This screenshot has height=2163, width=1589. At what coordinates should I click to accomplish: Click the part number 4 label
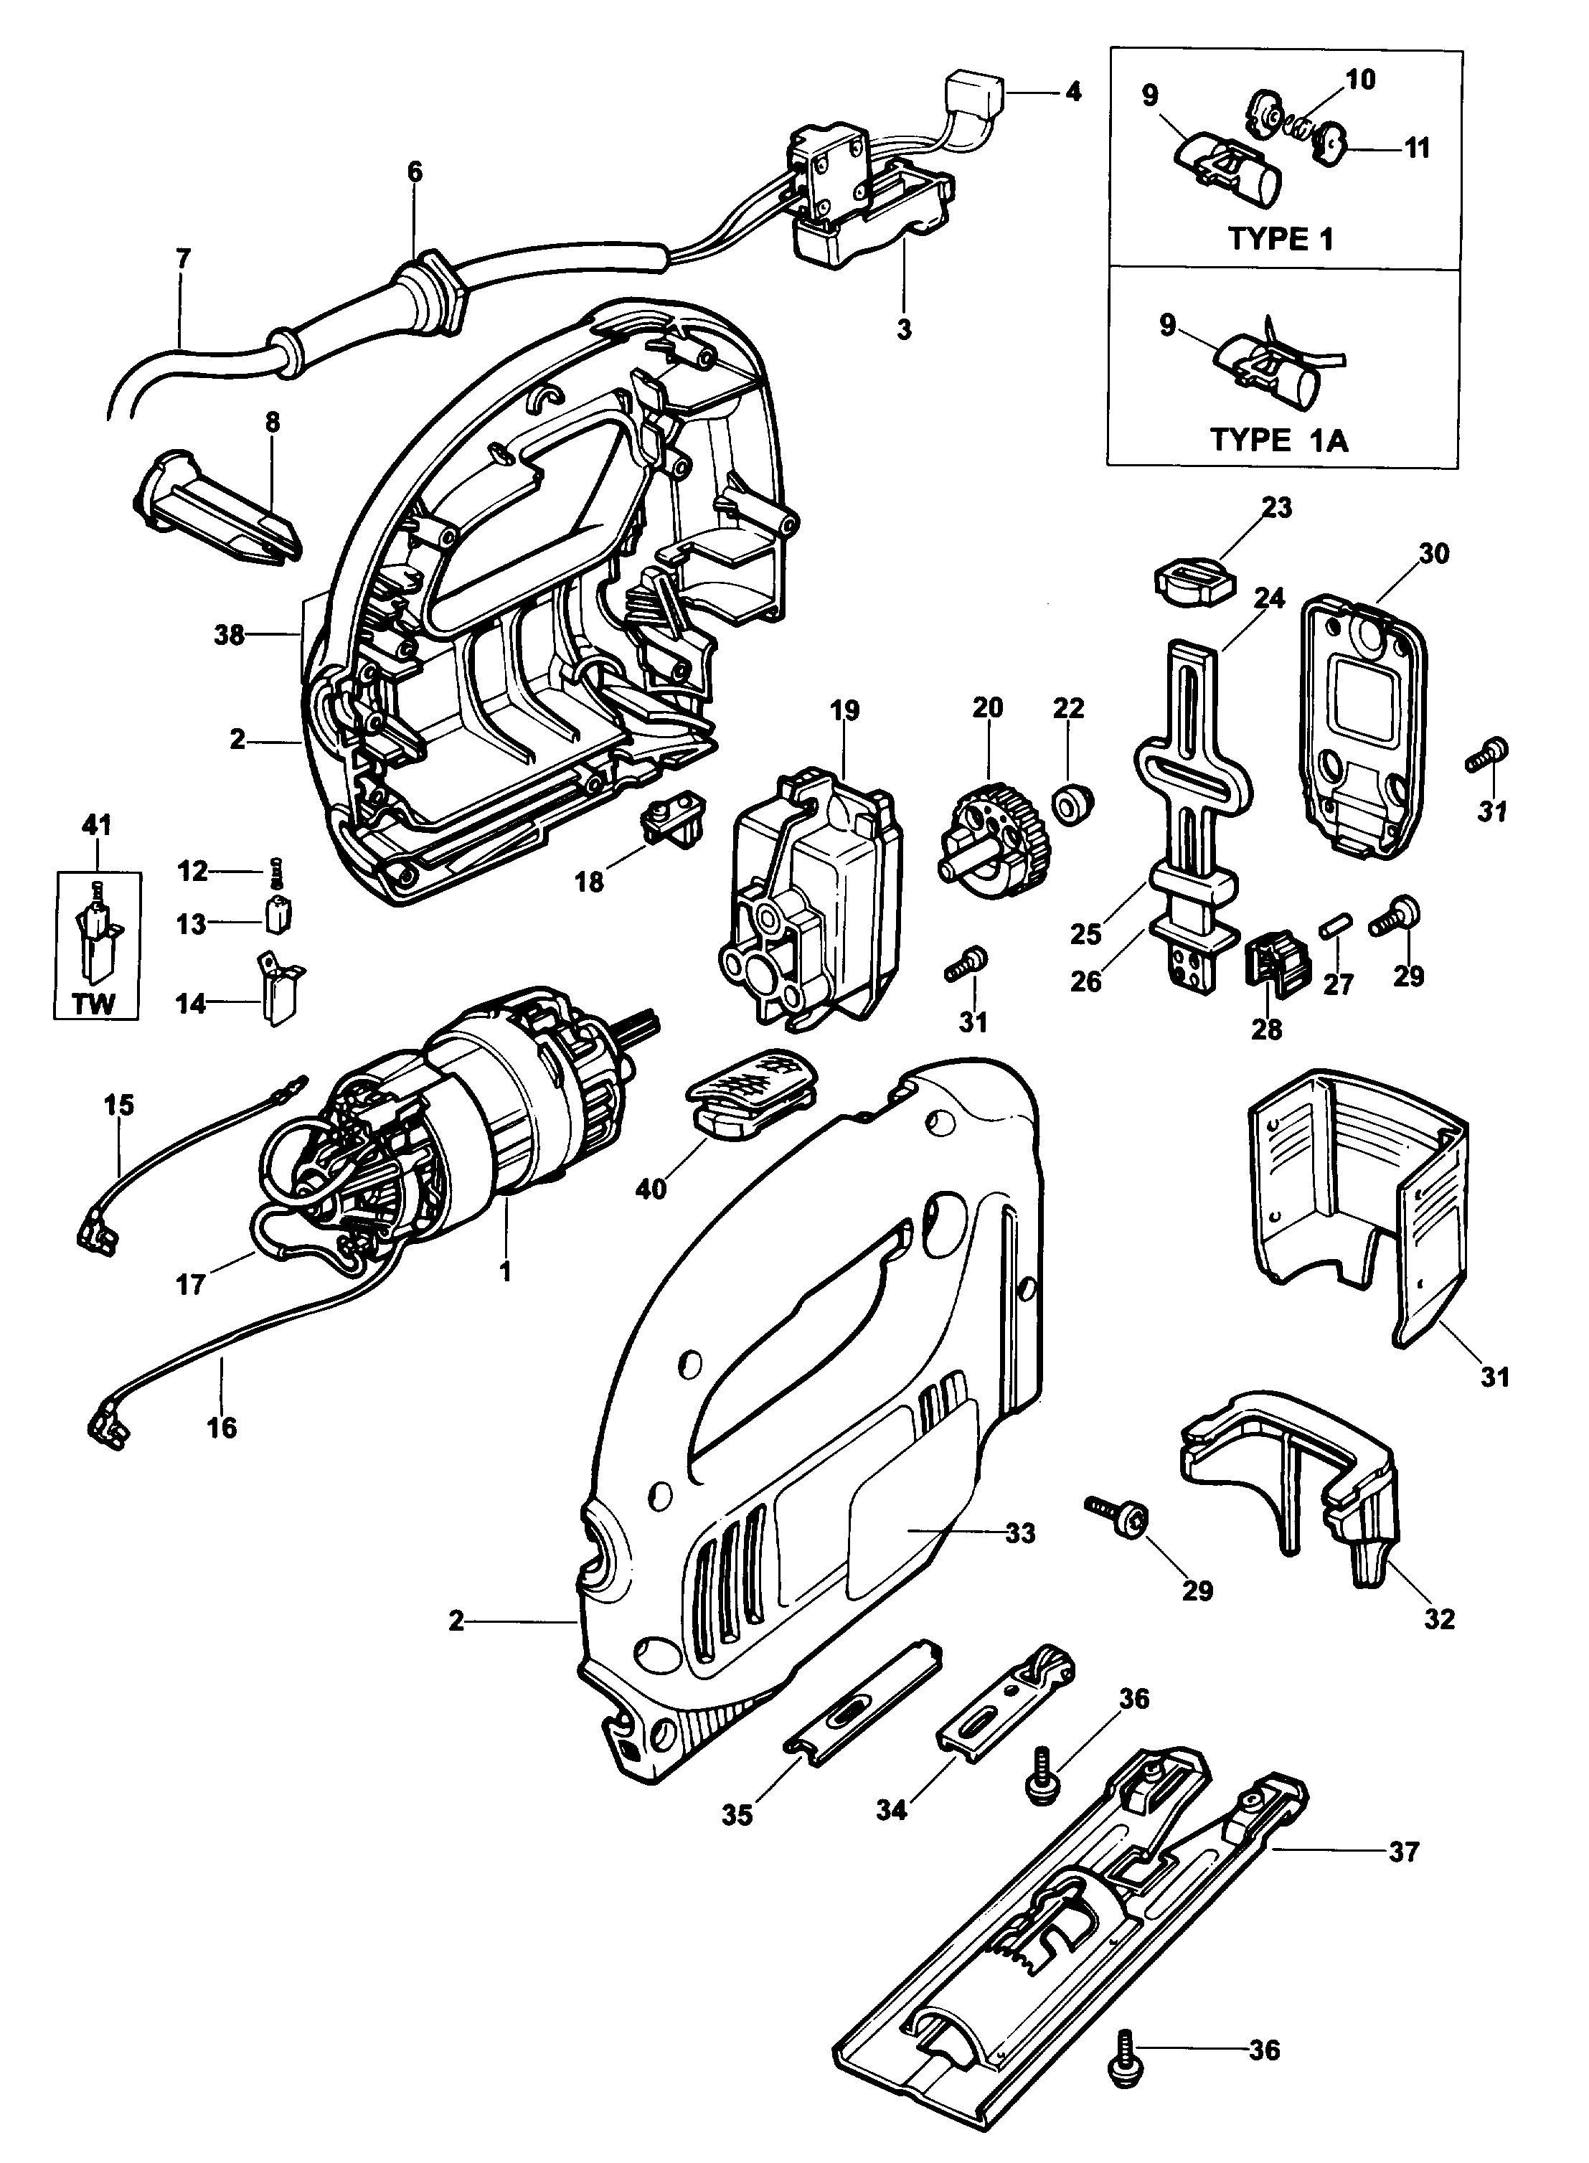point(1072,93)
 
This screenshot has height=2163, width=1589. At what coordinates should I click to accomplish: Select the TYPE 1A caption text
point(1278,440)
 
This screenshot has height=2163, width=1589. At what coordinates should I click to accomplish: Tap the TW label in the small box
point(93,1004)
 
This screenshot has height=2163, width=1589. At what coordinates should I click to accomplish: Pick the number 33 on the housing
point(1021,1533)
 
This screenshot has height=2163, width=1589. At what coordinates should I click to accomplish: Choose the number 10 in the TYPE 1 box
point(1360,80)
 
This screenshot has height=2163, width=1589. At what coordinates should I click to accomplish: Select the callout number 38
point(228,635)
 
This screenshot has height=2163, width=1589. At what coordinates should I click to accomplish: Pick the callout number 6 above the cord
point(414,172)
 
